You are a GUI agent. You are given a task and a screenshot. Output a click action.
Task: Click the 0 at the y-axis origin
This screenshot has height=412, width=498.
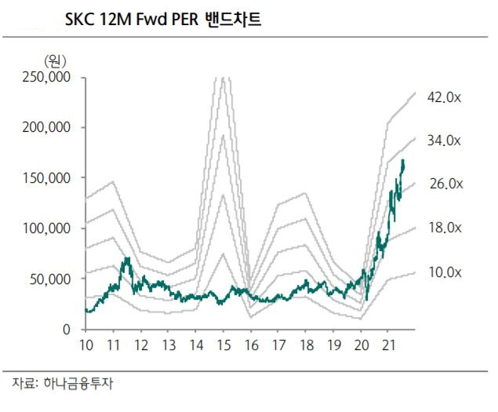tap(68, 330)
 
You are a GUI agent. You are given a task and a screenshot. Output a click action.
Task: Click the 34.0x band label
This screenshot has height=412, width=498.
tap(445, 140)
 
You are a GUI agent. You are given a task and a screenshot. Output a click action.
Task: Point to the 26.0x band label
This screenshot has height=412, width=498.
tap(445, 184)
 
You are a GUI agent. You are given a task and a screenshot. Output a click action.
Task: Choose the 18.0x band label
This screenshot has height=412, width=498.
tap(445, 228)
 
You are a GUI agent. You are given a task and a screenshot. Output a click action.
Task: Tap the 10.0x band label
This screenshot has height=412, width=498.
tap(445, 272)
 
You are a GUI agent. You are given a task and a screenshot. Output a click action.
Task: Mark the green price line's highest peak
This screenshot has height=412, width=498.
tap(403, 160)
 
